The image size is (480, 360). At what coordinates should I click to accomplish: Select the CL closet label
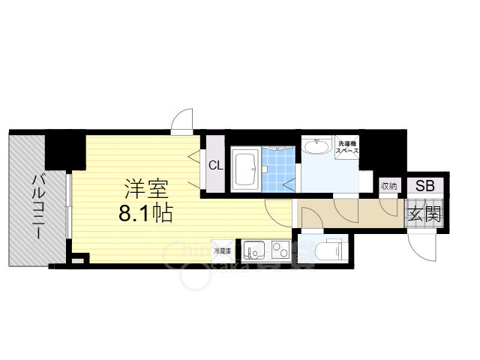(x=214, y=166)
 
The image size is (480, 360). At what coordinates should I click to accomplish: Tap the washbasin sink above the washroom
(x=318, y=145)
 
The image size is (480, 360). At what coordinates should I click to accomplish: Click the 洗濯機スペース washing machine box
(x=347, y=147)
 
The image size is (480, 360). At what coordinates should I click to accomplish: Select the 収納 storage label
(x=388, y=186)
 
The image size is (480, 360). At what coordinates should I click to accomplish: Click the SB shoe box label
(x=424, y=186)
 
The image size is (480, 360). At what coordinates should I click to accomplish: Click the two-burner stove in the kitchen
(x=280, y=250)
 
